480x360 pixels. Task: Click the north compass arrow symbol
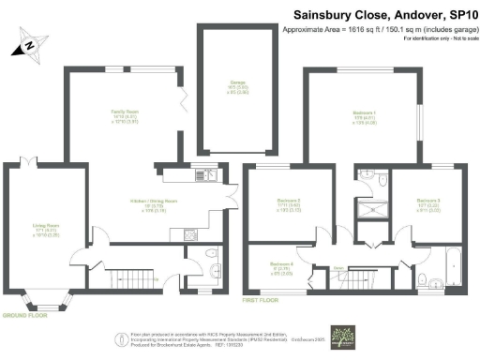point(28,42)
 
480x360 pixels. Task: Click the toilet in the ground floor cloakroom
point(208,255)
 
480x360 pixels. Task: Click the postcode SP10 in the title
point(457,15)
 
